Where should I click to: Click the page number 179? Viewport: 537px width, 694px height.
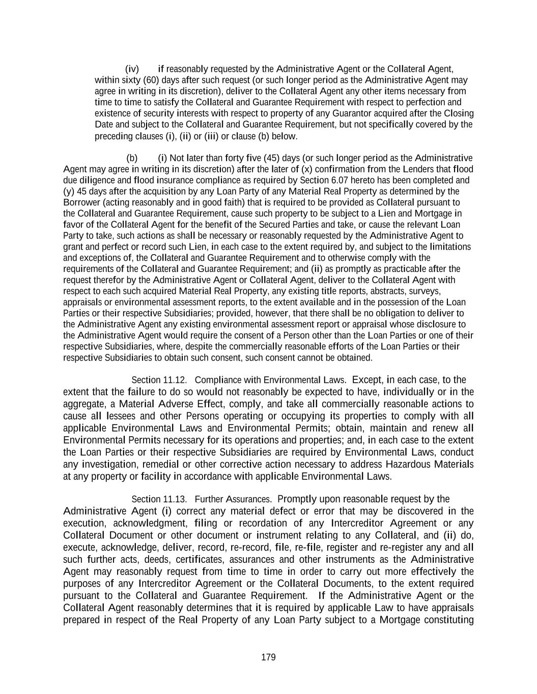tap(268, 657)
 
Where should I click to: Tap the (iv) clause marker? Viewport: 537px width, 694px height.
tap(132, 69)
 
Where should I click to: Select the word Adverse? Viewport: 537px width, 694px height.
tap(176, 404)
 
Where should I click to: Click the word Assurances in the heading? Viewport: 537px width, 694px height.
tap(249, 499)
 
